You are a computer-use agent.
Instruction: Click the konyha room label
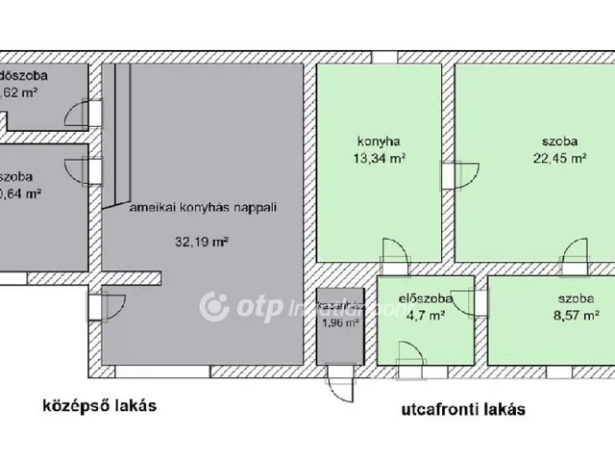click(x=372, y=137)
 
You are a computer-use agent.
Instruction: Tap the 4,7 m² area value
click(x=425, y=314)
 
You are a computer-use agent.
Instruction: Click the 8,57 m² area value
click(x=577, y=314)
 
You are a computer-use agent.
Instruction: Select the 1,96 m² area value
click(x=339, y=323)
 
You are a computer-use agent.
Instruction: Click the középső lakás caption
click(x=97, y=405)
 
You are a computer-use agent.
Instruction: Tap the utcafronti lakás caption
click(x=463, y=409)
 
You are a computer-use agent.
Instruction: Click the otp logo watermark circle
click(x=213, y=308)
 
